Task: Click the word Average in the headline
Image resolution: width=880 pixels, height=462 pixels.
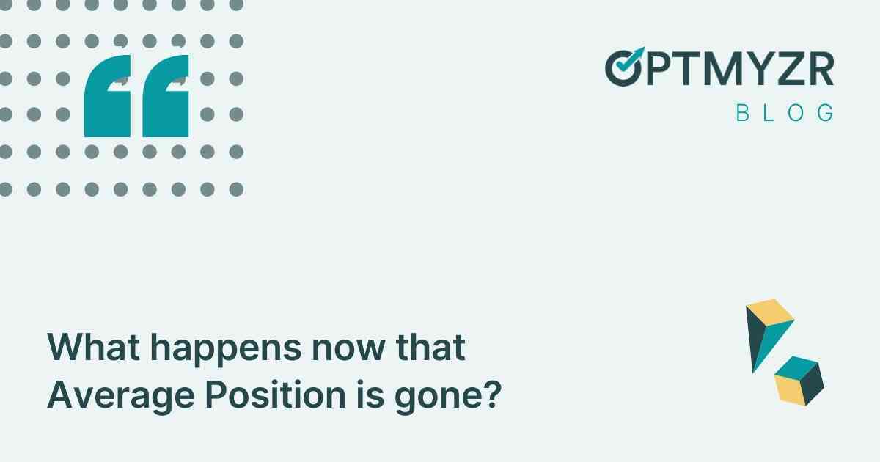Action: pos(117,397)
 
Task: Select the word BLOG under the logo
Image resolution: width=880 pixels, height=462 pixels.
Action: pos(785,113)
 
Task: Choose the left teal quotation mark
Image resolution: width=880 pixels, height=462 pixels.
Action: pos(109,97)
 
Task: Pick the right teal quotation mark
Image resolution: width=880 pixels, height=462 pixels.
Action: pos(166,97)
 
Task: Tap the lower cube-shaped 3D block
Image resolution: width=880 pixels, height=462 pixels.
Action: pos(799,379)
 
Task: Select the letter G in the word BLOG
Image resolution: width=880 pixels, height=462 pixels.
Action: pos(826,113)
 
